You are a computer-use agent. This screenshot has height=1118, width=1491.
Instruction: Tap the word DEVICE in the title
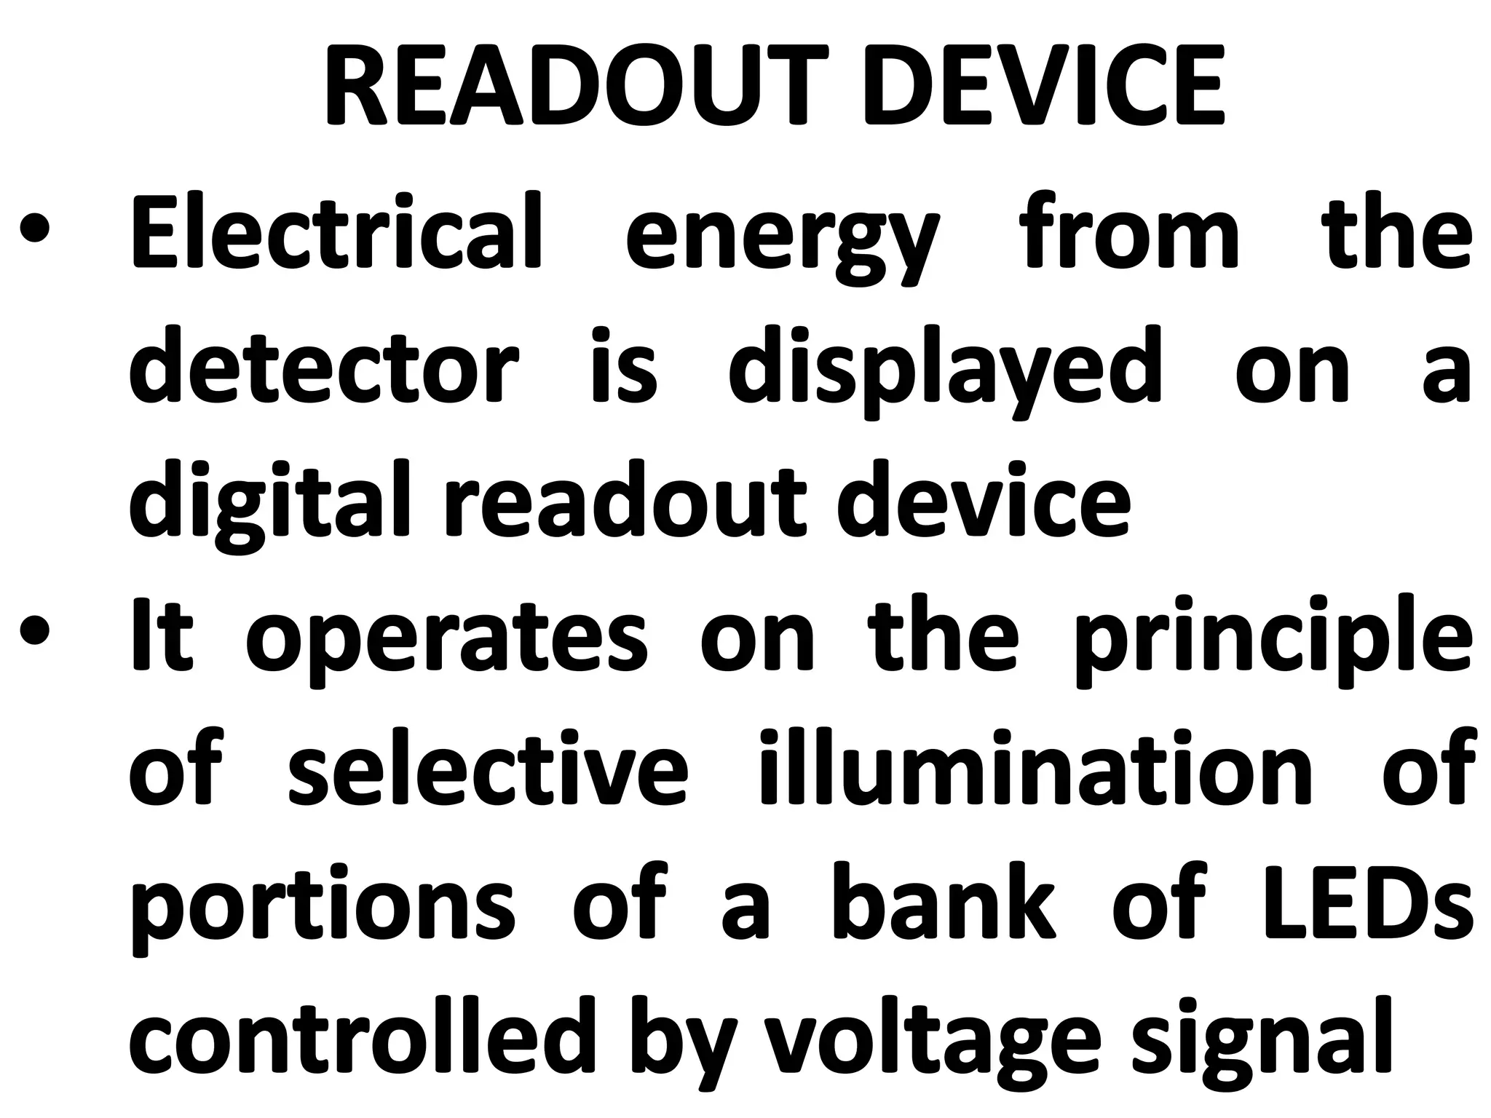[1043, 86]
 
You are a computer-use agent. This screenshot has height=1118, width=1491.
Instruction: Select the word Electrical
[336, 231]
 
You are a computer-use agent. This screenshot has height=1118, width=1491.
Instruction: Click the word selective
[487, 767]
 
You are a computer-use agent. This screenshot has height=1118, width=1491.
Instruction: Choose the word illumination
[1035, 767]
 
